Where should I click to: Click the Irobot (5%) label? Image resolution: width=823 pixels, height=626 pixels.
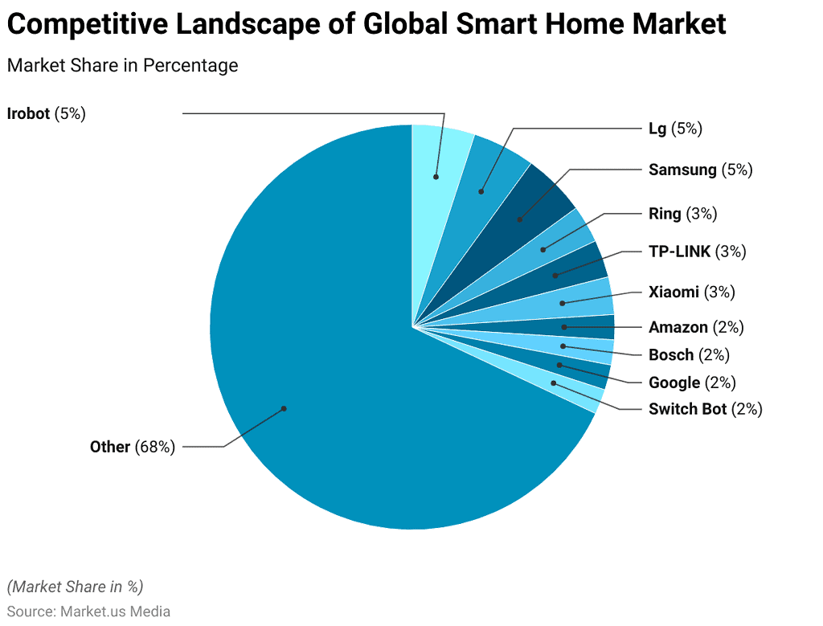coord(46,114)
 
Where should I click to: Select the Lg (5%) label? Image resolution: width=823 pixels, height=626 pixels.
coord(675,128)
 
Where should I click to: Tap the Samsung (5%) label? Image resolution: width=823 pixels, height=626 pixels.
coord(700,170)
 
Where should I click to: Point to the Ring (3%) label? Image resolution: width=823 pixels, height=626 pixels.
coord(682,214)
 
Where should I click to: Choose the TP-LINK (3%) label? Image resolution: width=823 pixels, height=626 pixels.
coord(697,252)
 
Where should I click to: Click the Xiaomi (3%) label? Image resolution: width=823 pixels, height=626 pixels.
coord(691,292)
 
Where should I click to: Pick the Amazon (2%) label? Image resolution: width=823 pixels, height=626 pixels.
coord(696,327)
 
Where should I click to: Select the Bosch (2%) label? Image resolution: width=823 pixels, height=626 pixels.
coord(689,355)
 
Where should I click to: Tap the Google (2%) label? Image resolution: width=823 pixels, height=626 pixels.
coord(691,383)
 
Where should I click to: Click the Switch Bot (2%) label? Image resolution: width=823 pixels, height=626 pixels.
coord(705,409)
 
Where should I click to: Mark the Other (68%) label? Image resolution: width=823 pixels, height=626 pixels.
coord(132,447)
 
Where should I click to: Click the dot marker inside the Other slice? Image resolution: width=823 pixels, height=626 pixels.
coord(284,408)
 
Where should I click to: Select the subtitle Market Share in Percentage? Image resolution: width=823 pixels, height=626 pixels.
coord(122,65)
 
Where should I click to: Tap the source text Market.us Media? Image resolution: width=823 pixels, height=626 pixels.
coord(115,611)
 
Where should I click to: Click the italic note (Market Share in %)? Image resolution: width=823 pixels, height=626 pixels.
coord(75,587)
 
